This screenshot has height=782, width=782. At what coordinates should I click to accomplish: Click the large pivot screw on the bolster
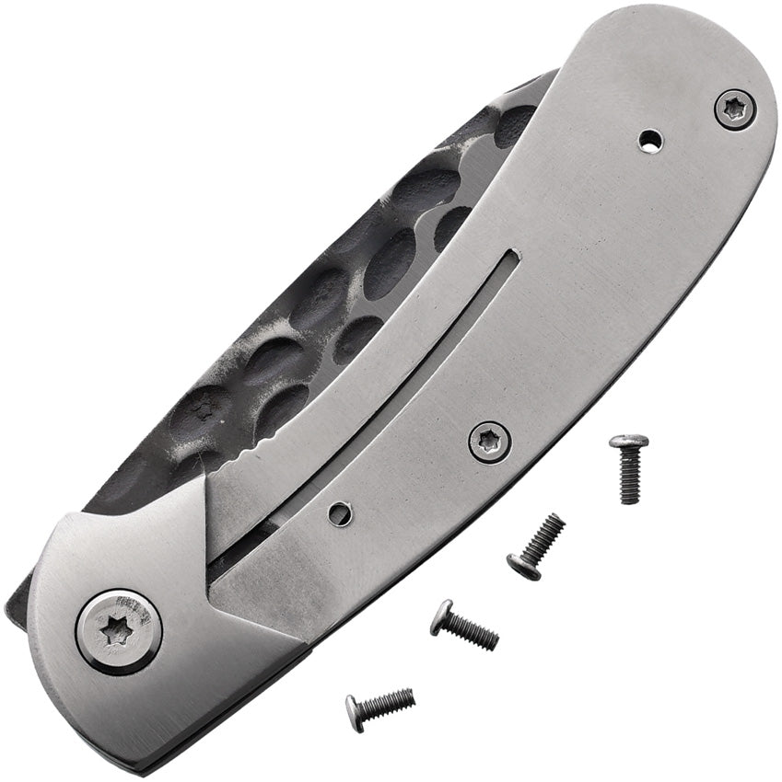point(119,631)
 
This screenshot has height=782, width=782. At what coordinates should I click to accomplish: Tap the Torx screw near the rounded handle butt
point(735,110)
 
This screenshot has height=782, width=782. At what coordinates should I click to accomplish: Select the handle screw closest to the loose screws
point(489,442)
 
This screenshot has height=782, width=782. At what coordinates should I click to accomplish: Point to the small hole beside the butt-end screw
point(651,141)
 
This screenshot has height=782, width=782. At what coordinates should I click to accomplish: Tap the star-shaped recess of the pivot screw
point(116,632)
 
